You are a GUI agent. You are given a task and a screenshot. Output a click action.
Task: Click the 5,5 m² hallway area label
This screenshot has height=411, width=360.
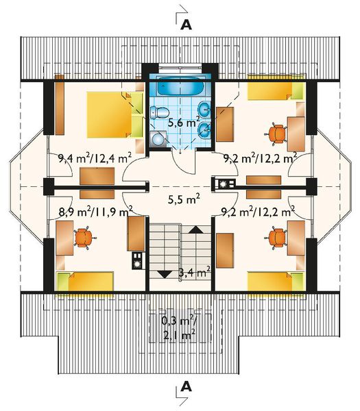(184, 200)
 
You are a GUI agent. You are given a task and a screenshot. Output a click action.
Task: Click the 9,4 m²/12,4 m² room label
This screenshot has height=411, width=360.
(95, 159)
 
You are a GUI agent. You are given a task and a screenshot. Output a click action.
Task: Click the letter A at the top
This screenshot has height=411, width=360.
(186, 25)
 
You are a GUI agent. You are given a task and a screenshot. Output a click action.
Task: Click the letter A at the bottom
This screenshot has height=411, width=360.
(186, 388)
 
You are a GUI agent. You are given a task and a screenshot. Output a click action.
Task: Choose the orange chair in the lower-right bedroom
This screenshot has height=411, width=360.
(277, 237)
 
